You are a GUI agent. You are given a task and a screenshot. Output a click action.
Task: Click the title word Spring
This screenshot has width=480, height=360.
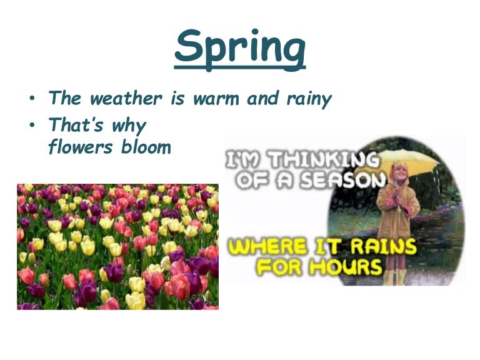click(240, 46)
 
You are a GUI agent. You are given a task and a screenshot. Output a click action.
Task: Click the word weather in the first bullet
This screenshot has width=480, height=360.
click(127, 99)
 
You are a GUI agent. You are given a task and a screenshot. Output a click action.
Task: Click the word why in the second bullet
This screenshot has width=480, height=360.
click(129, 127)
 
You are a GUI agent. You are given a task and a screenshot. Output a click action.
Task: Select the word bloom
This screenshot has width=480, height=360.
click(147, 148)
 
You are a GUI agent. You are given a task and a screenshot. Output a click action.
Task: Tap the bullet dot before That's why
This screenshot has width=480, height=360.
click(31, 127)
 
